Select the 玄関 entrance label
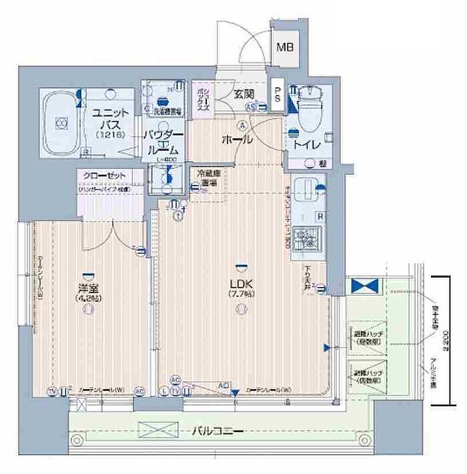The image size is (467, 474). (242, 94)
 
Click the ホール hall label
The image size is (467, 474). (237, 140)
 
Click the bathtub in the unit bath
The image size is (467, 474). (61, 124)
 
